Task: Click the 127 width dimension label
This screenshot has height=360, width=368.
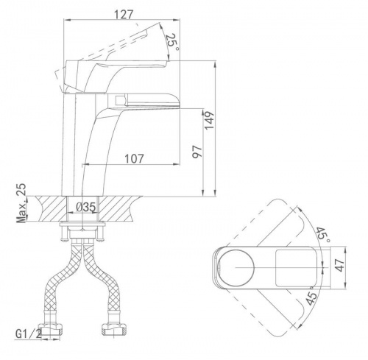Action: coord(124,15)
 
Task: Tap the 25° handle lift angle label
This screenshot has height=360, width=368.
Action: coord(171,41)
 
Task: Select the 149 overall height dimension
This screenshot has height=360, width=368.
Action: coord(209,121)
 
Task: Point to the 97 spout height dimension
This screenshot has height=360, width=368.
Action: coord(197,152)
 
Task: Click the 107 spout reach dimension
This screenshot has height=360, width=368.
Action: coord(134,159)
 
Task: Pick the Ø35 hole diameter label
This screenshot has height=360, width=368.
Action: coord(85,207)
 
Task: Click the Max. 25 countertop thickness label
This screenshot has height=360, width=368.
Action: coord(21,202)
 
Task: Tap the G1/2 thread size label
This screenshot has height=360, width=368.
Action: coord(29,333)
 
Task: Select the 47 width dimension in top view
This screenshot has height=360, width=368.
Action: coord(340,265)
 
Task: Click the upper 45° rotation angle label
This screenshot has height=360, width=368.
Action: coord(322,235)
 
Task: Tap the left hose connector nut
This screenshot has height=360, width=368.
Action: coord(53,328)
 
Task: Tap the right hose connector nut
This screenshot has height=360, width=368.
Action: coord(113,328)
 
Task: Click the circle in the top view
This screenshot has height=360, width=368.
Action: coord(236,268)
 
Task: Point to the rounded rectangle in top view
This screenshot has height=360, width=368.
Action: coord(296,268)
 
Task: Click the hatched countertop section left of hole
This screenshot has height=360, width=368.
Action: coord(50,208)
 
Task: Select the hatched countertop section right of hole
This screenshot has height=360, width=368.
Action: coord(118,208)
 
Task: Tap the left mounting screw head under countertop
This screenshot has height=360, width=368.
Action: coord(63,238)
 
